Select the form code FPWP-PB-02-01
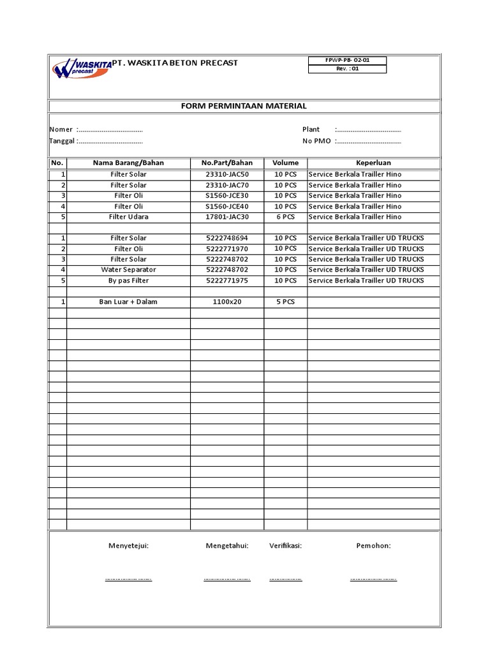coord(347,60)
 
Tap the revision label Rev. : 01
coord(347,69)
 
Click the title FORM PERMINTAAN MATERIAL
coord(244,106)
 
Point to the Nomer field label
coord(61,129)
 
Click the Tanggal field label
coord(63,141)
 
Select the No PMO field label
coord(316,141)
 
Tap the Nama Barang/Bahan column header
coord(128,163)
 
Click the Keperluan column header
coord(373,163)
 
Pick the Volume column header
coord(285,163)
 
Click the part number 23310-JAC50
coord(227,174)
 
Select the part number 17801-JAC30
coord(227,217)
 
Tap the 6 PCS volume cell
coord(285,217)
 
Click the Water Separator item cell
coord(128,270)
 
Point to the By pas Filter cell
coord(128,281)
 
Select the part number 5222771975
coord(227,281)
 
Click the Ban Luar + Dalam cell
coord(128,302)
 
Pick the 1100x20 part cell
coord(227,302)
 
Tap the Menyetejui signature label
coord(128,546)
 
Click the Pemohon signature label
coord(373,546)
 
